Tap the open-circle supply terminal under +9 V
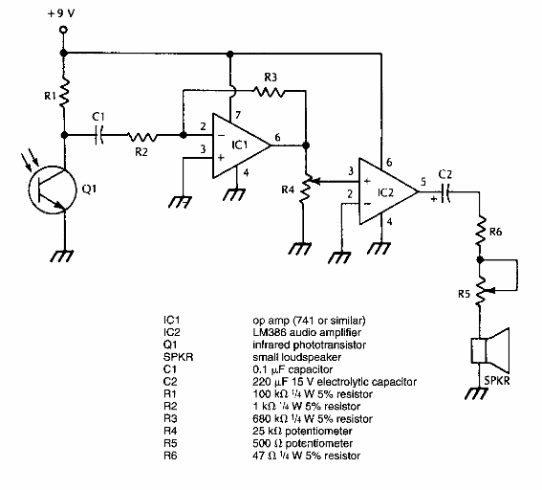coord(63,32)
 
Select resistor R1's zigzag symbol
coord(63,96)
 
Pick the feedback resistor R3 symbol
coord(271,91)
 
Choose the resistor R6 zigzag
coord(482,231)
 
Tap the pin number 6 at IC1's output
coord(277,137)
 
